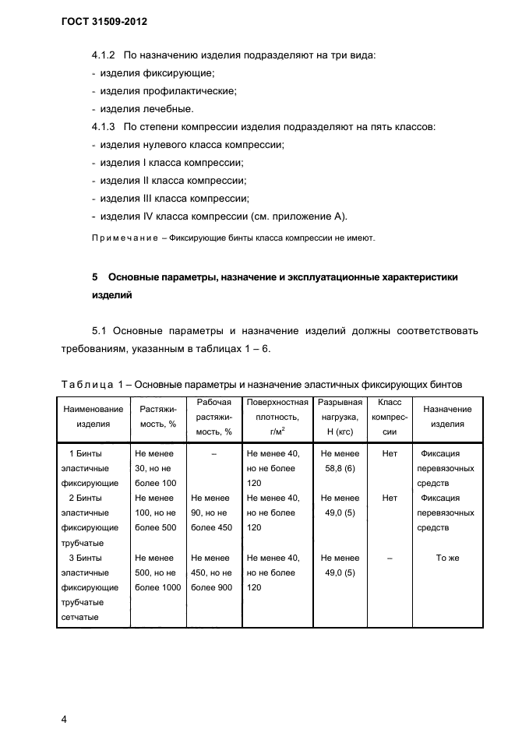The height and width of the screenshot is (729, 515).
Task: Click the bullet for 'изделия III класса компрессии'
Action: [x=175, y=199]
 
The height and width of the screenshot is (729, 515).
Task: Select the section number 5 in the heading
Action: [x=94, y=277]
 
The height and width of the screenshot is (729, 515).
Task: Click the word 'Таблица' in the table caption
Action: [x=86, y=384]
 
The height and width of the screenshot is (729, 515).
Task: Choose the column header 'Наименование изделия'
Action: [x=93, y=417]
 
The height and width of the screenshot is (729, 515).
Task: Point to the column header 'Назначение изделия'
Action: [x=447, y=417]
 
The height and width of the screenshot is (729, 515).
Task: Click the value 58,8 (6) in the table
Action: [x=340, y=468]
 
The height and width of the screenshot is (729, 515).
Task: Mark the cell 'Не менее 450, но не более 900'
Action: [x=211, y=572]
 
